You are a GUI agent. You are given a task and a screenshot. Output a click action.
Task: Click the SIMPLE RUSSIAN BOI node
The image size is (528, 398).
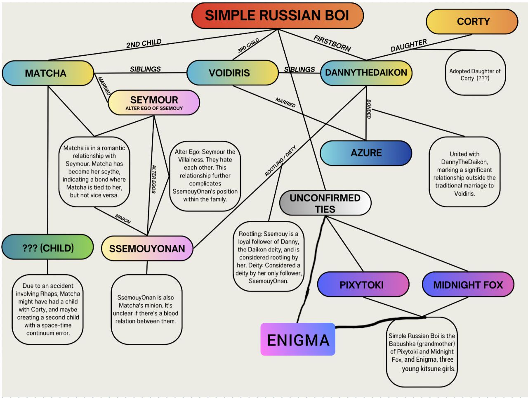click(277, 16)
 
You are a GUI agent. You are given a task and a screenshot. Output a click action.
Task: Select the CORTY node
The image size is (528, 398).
click(472, 21)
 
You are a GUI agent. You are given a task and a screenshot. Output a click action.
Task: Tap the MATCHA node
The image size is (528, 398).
click(47, 73)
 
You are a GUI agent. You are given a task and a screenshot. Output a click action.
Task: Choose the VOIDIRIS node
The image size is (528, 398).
click(232, 73)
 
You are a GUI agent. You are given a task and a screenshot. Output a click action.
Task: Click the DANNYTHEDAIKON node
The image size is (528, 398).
click(366, 73)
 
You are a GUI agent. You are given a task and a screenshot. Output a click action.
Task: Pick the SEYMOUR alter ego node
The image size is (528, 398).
click(154, 102)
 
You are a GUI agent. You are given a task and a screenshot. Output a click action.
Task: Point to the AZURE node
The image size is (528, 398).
click(366, 153)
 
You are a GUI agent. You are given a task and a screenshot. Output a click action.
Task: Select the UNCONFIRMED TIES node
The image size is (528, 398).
click(325, 203)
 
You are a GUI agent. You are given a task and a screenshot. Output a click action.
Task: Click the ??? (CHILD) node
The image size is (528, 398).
click(48, 247)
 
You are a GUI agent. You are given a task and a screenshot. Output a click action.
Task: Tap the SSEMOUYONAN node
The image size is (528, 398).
click(147, 249)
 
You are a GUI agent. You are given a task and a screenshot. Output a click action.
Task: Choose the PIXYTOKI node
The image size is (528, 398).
click(363, 284)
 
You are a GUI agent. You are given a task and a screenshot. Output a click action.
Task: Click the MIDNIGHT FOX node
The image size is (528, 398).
click(468, 284)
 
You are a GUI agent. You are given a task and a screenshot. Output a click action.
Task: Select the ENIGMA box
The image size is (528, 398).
click(298, 340)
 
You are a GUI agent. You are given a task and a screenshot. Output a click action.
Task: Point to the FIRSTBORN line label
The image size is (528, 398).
click(332, 43)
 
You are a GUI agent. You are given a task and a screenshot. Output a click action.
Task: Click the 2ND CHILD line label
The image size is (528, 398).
click(144, 43)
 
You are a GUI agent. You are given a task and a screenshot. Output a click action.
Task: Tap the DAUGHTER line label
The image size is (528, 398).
click(408, 45)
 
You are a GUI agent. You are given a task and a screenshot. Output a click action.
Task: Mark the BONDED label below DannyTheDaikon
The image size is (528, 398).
click(369, 109)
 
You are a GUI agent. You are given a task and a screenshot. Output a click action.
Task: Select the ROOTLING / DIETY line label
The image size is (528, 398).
click(280, 161)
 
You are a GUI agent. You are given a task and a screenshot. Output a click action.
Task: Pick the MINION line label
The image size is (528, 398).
click(123, 219)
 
